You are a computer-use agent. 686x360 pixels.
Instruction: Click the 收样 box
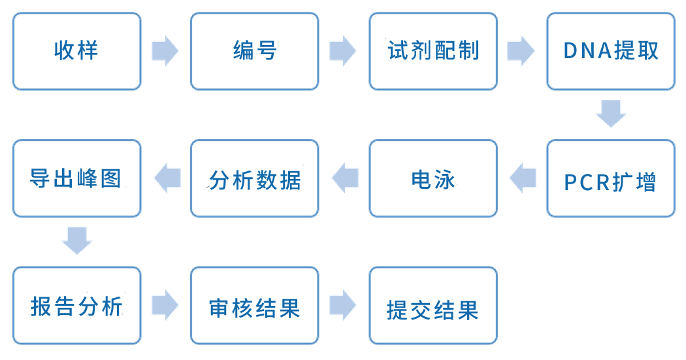pos(76,51)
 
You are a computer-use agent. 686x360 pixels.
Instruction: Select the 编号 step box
pos(255,51)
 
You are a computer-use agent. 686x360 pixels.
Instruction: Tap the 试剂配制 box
pos(433,51)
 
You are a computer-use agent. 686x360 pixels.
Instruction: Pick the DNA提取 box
pos(611,51)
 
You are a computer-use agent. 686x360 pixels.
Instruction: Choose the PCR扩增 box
pos(611,178)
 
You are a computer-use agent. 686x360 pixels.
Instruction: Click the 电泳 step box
pos(433,178)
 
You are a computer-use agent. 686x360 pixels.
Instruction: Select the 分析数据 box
pos(255,178)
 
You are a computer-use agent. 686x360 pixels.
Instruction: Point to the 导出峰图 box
pos(76,178)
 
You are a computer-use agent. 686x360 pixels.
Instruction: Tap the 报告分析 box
pos(76,305)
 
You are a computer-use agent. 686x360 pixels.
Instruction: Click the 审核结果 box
pos(255,305)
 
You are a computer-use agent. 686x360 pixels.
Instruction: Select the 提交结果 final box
pos(433,305)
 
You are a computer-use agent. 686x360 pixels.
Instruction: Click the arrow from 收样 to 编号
pos(165,51)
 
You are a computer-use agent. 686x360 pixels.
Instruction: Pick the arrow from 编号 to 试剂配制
pos(343,51)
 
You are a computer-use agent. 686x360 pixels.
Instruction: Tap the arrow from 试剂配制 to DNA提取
pos(521,51)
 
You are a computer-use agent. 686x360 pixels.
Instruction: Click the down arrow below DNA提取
pos(611,114)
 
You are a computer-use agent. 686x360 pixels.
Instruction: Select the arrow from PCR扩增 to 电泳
pos(522,178)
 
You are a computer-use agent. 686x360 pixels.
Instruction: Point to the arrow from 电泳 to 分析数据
pos(344,178)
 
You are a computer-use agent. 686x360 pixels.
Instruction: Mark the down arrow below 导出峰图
pos(76,241)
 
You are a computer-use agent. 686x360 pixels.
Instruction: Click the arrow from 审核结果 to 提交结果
pos(343,305)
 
